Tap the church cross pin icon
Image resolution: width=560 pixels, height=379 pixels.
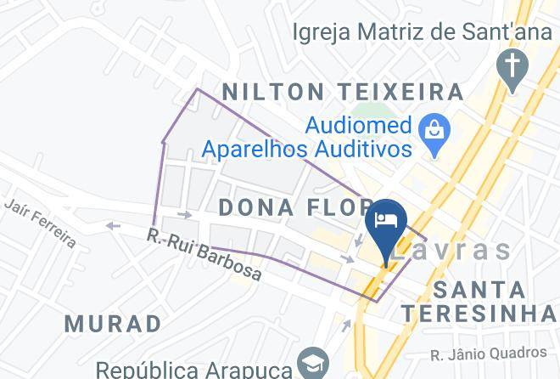[x=513, y=68]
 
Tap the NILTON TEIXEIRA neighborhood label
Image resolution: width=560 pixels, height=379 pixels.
[x=343, y=91]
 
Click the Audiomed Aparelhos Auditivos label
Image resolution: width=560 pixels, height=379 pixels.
[x=307, y=138]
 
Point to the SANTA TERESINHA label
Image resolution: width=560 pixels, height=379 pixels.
[x=480, y=301]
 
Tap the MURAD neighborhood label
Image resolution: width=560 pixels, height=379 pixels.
[x=113, y=324]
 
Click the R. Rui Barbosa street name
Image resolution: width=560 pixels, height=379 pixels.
[x=204, y=254]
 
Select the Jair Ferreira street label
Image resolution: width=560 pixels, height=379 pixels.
[x=40, y=223]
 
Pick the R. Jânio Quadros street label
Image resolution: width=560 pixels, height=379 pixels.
[x=488, y=353]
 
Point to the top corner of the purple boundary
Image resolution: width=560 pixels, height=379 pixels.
[x=198, y=88]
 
